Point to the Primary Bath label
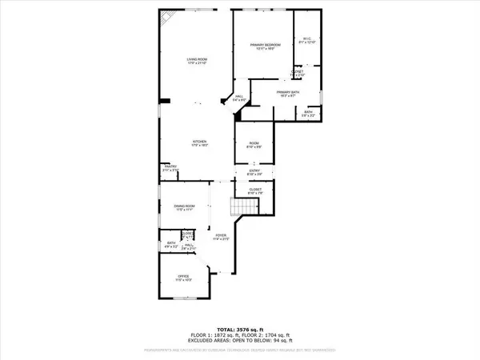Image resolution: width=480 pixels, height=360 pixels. click(x=287, y=94)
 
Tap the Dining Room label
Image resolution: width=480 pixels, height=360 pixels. click(x=186, y=208)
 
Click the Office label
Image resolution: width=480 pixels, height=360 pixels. click(x=184, y=278)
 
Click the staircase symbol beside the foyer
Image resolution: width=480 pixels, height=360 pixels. click(x=242, y=208)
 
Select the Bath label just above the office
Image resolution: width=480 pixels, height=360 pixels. click(x=170, y=245)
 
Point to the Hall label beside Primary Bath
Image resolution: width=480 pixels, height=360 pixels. click(x=239, y=99)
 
